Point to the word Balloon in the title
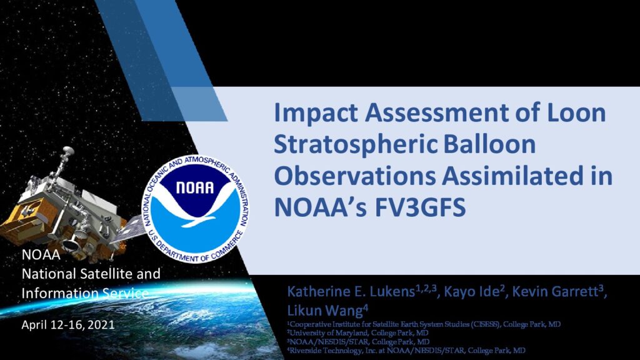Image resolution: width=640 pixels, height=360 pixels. point(489,144)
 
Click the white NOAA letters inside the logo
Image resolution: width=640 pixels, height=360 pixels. point(195,187)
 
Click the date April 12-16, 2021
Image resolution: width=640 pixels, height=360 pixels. point(68,325)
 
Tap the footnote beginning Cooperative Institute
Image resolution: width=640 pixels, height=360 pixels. point(424,324)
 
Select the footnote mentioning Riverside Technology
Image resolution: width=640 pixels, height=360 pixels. point(406,350)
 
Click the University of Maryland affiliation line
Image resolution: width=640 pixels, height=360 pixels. point(358,333)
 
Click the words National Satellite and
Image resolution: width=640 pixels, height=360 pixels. point(91,274)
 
